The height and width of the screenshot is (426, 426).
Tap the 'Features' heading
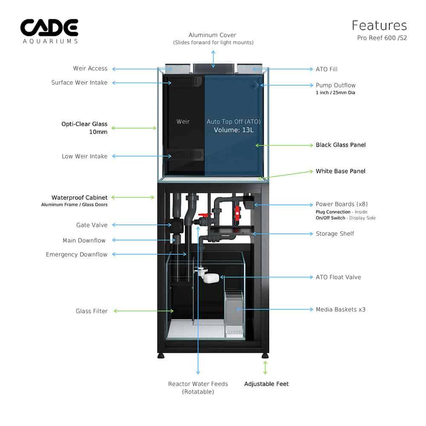coord(379,26)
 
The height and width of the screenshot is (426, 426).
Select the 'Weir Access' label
coord(90,69)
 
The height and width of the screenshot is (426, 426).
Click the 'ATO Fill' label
coord(327,69)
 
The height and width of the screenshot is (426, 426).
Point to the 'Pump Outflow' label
coord(335,85)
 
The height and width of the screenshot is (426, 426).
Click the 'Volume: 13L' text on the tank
coord(233,130)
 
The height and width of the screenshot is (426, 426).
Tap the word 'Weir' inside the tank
coord(183,122)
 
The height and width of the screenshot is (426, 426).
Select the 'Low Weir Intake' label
coord(84,156)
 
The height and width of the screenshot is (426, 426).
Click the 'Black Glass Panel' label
coord(340,145)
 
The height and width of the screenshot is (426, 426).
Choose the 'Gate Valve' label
coord(92,225)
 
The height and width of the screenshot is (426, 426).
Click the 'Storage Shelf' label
coord(335,233)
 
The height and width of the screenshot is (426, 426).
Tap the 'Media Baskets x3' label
coord(340,309)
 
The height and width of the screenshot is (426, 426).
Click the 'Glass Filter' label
coord(92,311)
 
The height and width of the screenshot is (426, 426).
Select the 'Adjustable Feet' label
coord(266,384)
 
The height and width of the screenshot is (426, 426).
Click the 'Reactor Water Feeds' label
coord(198,384)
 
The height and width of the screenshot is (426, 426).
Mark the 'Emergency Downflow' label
coord(77,255)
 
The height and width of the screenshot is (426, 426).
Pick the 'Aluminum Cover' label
coord(212,35)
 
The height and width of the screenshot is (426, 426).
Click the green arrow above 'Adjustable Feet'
coord(265,368)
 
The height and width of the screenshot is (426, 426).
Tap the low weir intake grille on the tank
coord(187,154)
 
